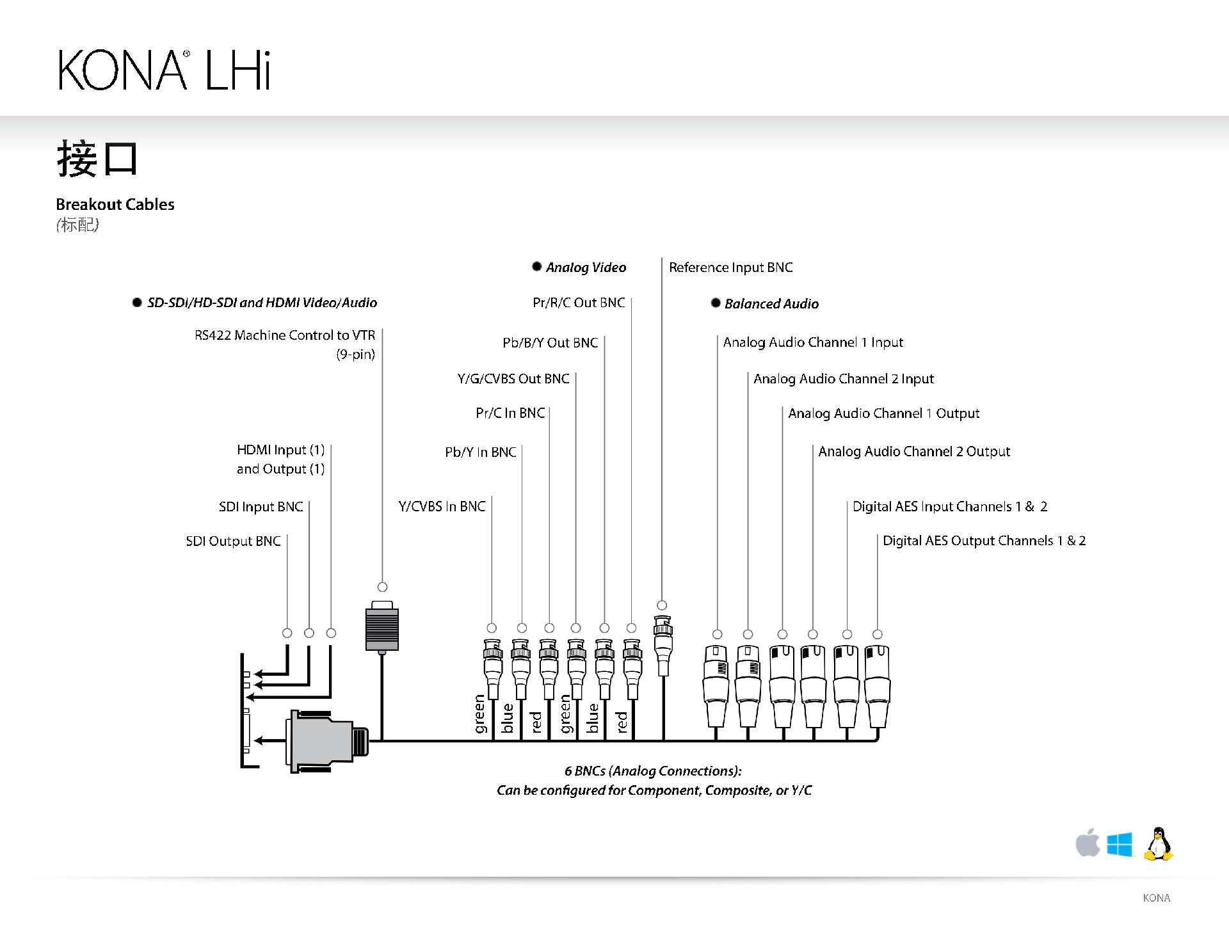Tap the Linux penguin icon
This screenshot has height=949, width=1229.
point(1159,844)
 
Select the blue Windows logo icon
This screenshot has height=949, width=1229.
point(1120,845)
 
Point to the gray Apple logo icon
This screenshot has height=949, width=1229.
point(1087,843)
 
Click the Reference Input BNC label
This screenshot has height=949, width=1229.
point(730,267)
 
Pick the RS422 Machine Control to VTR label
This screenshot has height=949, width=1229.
point(285,335)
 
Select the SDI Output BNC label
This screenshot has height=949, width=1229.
point(233,541)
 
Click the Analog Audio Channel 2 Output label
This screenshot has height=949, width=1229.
point(914,452)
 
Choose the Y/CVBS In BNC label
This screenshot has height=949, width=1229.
point(442,507)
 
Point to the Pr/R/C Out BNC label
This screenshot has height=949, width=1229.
point(579,303)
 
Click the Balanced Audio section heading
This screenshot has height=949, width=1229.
point(771,304)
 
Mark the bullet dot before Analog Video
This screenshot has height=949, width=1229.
point(537,267)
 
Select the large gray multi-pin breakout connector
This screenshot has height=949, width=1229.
point(320,740)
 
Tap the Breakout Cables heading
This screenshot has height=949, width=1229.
point(115,205)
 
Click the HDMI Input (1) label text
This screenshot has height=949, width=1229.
point(280,450)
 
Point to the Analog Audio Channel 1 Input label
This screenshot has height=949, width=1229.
point(813,342)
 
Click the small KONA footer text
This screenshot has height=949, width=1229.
point(1156,898)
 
